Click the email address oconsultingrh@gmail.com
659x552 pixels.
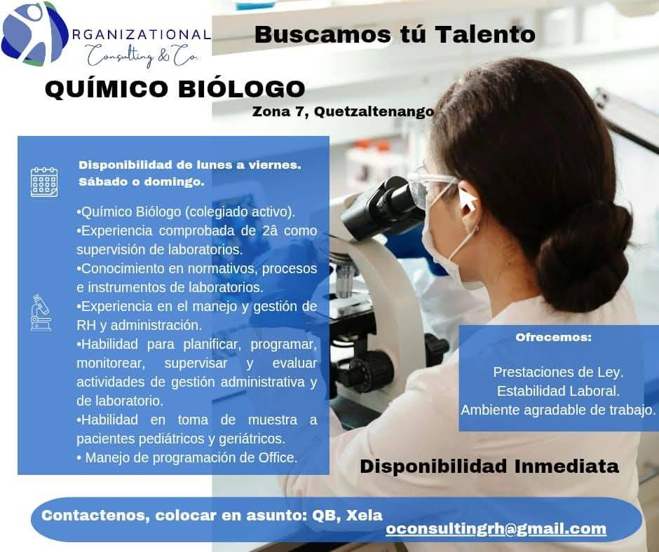point(496,529)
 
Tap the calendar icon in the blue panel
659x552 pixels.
point(44,182)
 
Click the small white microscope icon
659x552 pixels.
point(41,312)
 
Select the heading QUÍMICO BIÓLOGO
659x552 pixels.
point(175,89)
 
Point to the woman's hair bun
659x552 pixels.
point(588,252)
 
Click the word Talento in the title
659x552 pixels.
point(485,34)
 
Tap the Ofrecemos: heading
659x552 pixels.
point(554,338)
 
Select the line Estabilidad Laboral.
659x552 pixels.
point(558,391)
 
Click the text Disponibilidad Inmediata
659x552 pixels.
point(489,467)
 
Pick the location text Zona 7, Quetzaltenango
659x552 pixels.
point(343,112)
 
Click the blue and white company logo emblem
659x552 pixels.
point(34,33)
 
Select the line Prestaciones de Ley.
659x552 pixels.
point(558,372)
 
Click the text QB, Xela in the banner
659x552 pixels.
point(347,516)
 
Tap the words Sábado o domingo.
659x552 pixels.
point(141,182)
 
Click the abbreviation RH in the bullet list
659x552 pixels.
point(86,325)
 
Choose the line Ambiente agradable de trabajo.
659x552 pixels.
point(558,410)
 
